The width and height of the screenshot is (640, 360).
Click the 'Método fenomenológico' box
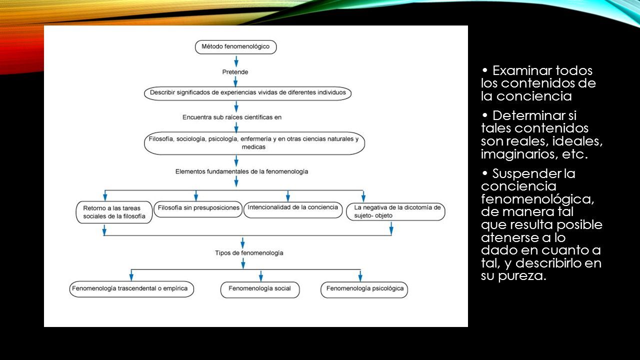coord(235,47)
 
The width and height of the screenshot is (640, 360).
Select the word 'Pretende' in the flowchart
coord(235,72)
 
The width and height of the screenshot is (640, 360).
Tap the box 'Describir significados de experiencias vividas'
coord(247,93)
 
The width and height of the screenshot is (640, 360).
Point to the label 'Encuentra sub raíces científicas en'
coord(232,117)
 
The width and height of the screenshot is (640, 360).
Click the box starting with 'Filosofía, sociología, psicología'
coord(254,143)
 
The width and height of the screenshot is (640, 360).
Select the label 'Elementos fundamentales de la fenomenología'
coord(241,171)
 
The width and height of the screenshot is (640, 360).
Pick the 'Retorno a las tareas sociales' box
coord(114,212)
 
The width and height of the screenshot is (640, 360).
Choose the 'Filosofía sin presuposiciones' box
coord(198,209)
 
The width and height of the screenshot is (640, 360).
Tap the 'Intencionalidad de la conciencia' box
coord(293,209)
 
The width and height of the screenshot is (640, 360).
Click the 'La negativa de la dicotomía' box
coord(395,211)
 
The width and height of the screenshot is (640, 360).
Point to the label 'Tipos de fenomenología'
coord(249,253)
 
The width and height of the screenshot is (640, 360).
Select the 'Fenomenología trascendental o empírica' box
coord(131,289)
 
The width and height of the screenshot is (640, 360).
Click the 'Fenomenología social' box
coord(260,290)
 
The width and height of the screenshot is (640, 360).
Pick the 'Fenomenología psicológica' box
coord(364,290)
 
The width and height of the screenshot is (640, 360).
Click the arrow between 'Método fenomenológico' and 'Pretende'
coord(236,61)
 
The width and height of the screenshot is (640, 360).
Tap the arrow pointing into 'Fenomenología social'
coord(261,276)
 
